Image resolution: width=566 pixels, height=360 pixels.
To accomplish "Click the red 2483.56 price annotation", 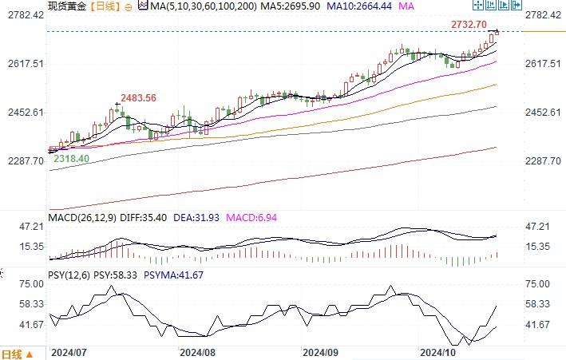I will pyautogui.click(x=138, y=97).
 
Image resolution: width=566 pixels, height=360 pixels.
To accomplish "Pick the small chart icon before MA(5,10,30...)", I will pyautogui.click(x=142, y=6).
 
